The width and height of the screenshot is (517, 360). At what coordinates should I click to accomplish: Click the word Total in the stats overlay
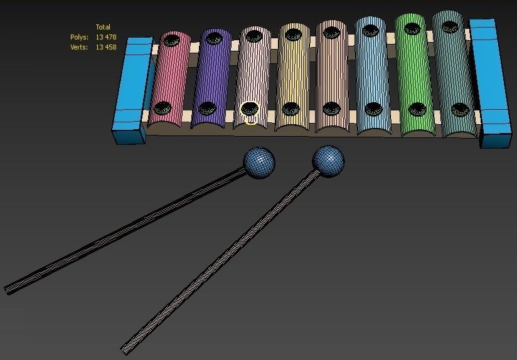103,27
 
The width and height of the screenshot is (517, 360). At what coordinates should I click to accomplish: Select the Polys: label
79,38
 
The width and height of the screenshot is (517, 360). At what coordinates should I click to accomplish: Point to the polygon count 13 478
106,38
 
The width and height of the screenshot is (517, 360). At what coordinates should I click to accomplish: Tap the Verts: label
79,47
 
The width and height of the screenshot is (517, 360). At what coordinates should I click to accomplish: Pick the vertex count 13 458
106,47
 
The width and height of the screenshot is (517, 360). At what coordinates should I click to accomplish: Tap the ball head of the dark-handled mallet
259,162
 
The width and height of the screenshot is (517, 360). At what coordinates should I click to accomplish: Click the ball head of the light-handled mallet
328,160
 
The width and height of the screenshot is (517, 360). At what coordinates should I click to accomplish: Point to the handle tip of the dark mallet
8,290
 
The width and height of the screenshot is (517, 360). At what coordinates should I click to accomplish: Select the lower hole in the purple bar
206,108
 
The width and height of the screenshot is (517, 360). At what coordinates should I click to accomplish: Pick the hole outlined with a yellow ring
250,110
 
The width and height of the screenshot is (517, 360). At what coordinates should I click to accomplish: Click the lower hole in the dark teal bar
461,109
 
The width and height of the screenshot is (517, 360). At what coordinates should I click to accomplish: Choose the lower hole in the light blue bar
373,109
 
